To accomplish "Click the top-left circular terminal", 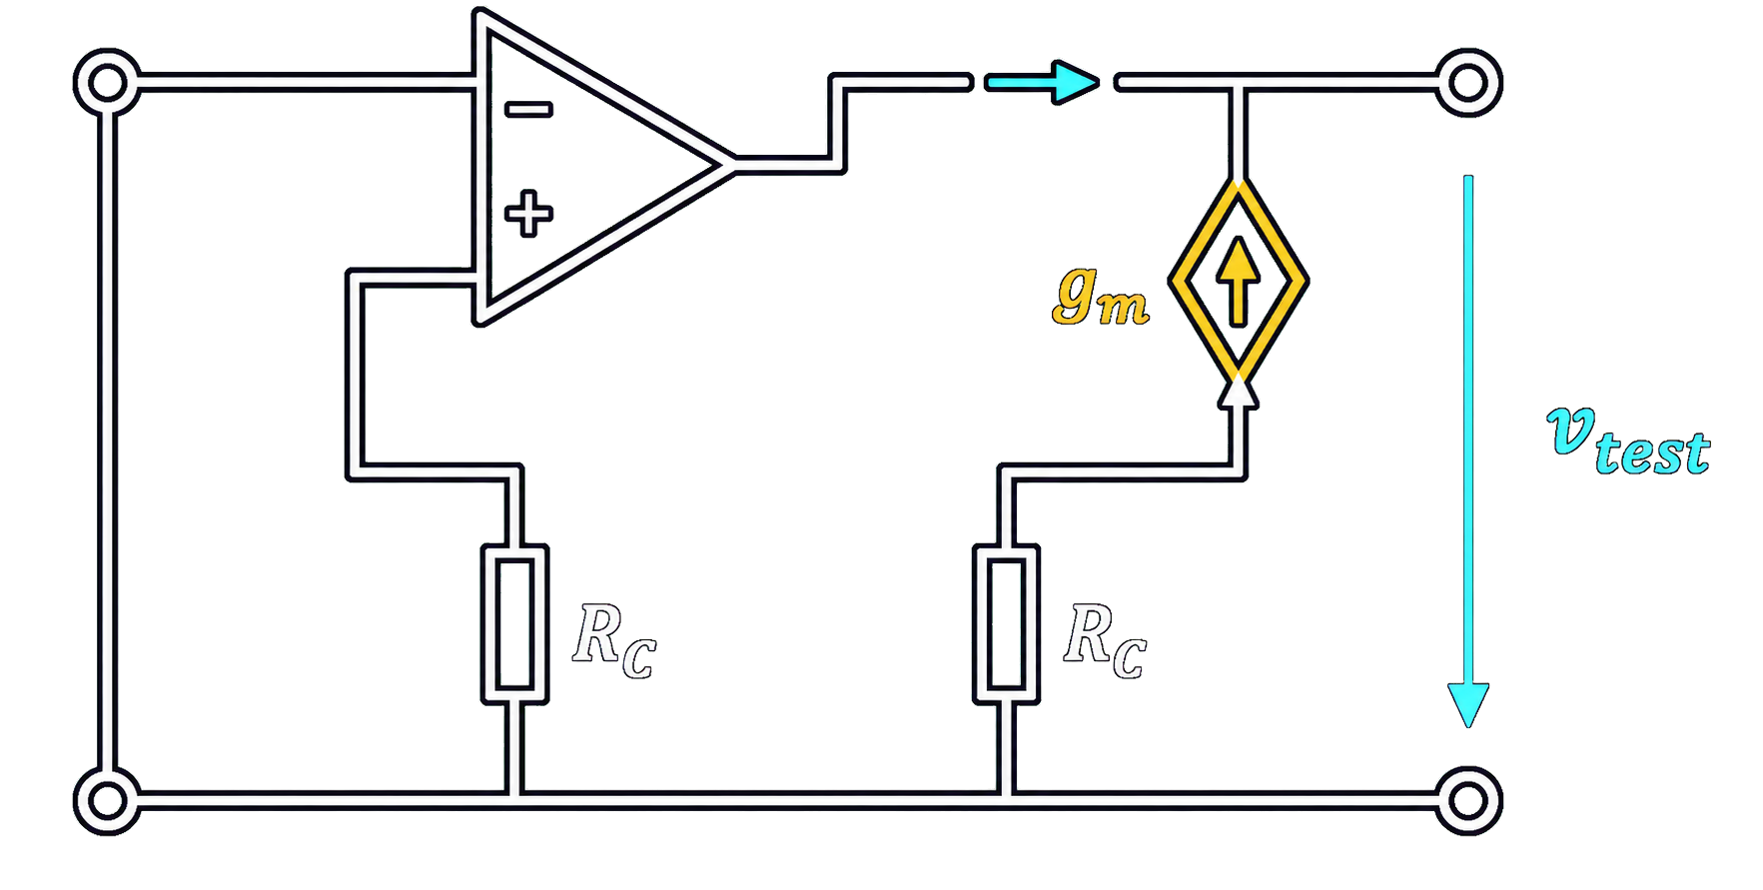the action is click(107, 82).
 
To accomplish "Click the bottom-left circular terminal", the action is click(107, 800).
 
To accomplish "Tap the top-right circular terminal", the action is click(1468, 82).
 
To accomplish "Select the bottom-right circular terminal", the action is click(1468, 800).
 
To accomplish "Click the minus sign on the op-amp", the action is click(528, 110).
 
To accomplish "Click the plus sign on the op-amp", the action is click(528, 214).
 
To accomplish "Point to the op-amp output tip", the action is click(732, 165).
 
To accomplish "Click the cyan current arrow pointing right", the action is click(1042, 82).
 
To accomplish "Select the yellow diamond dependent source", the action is click(1239, 281).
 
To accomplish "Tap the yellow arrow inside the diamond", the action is click(1239, 281).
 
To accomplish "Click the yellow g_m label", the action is click(1101, 298).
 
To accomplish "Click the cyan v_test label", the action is click(1628, 442).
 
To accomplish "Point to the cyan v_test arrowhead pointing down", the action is click(1468, 705).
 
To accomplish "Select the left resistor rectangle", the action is click(514, 624).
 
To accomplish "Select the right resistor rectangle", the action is click(1006, 624).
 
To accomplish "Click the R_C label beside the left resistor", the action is click(614, 640).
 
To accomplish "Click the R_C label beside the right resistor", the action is click(1105, 640).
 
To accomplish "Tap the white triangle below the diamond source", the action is click(1239, 394).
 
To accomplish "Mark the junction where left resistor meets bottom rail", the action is click(514, 800).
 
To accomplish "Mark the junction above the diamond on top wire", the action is click(1239, 82).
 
